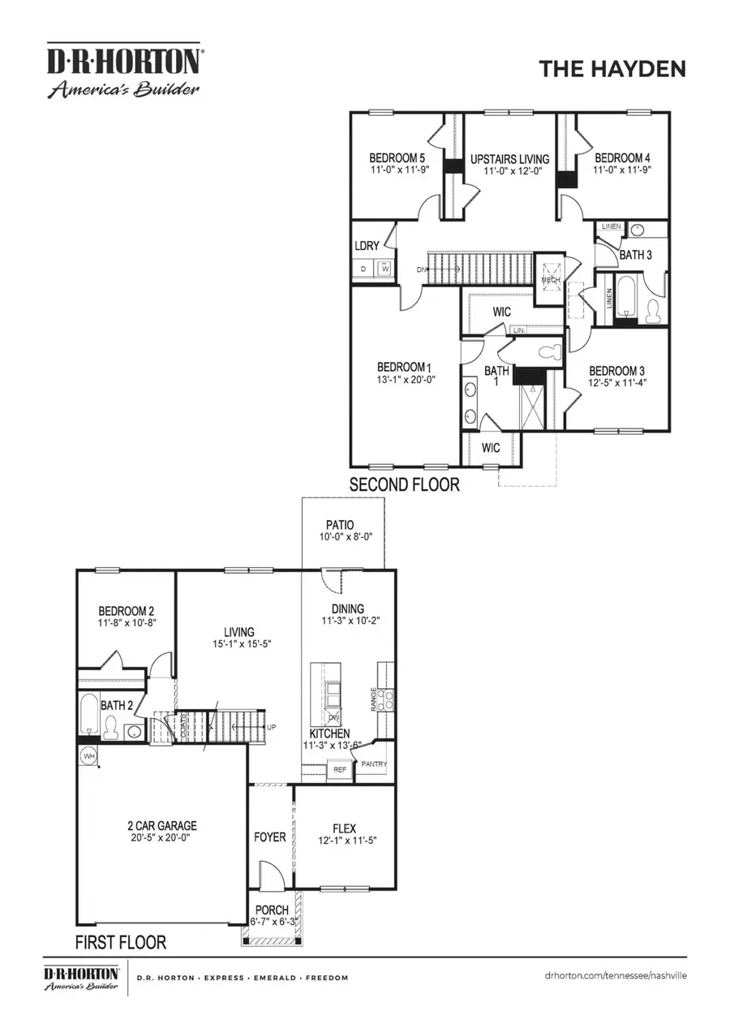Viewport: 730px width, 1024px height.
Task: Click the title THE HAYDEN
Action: (612, 70)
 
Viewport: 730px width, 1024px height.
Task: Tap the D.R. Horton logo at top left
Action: (122, 71)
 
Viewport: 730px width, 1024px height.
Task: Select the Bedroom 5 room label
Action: (397, 158)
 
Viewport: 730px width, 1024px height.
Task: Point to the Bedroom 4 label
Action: (621, 158)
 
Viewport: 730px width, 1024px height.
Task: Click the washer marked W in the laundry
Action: (384, 269)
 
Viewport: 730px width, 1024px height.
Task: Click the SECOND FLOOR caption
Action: (404, 485)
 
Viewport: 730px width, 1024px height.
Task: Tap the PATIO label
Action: (340, 525)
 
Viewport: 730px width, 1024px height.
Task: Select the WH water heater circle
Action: (88, 756)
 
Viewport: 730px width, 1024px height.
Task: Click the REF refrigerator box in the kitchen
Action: (340, 769)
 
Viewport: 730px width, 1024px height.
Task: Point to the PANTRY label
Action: (374, 764)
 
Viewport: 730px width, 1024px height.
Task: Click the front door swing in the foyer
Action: (268, 878)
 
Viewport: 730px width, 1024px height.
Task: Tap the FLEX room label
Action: (344, 828)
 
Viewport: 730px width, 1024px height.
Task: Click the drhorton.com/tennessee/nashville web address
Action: (616, 975)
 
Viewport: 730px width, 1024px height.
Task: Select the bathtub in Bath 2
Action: (89, 713)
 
